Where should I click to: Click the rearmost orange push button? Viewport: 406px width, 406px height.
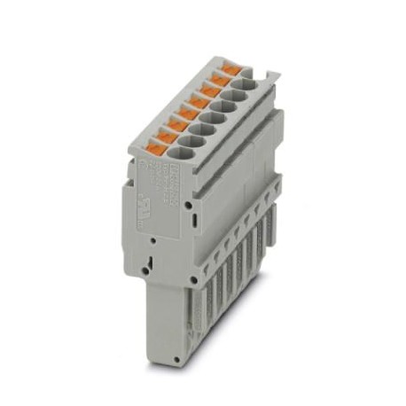tap(231, 67)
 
